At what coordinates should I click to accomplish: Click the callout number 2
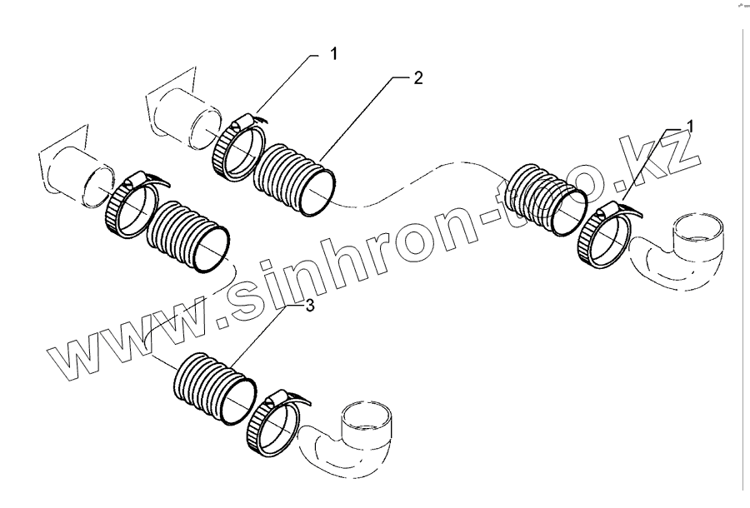418,78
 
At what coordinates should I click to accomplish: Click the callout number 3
309,306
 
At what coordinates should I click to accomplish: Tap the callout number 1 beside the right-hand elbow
690,126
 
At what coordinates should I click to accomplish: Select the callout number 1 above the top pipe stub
333,55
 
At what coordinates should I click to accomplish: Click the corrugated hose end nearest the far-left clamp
187,236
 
